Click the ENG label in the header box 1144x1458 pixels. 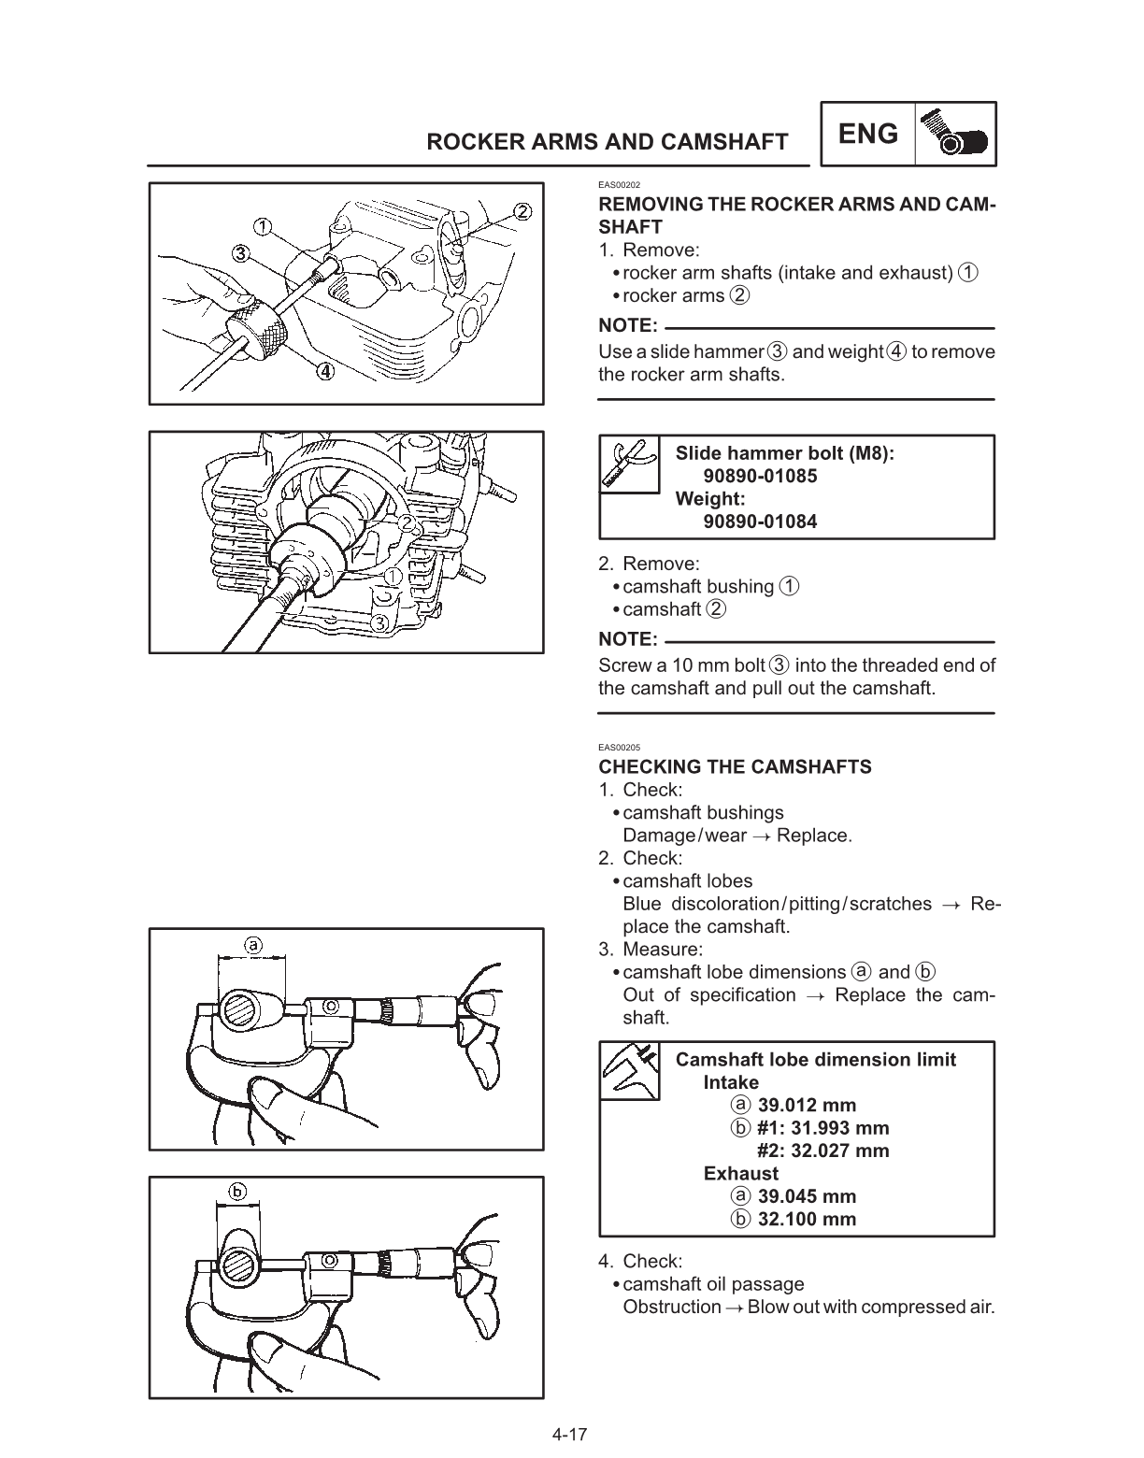tap(868, 135)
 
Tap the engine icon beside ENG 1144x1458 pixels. tap(955, 135)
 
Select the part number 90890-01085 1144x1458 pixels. tap(760, 476)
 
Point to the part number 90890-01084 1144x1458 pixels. tap(760, 522)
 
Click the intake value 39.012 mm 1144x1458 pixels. tap(807, 1106)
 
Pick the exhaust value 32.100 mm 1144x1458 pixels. tap(807, 1219)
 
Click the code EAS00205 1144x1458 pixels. tap(619, 748)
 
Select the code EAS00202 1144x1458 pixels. tap(619, 185)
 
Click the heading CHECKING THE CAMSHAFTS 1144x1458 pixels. tap(735, 767)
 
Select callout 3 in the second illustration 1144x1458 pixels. tap(379, 622)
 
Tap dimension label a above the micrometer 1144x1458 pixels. tap(253, 945)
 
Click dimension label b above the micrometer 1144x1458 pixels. tap(237, 1191)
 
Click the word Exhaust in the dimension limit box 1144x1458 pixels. tap(740, 1174)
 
